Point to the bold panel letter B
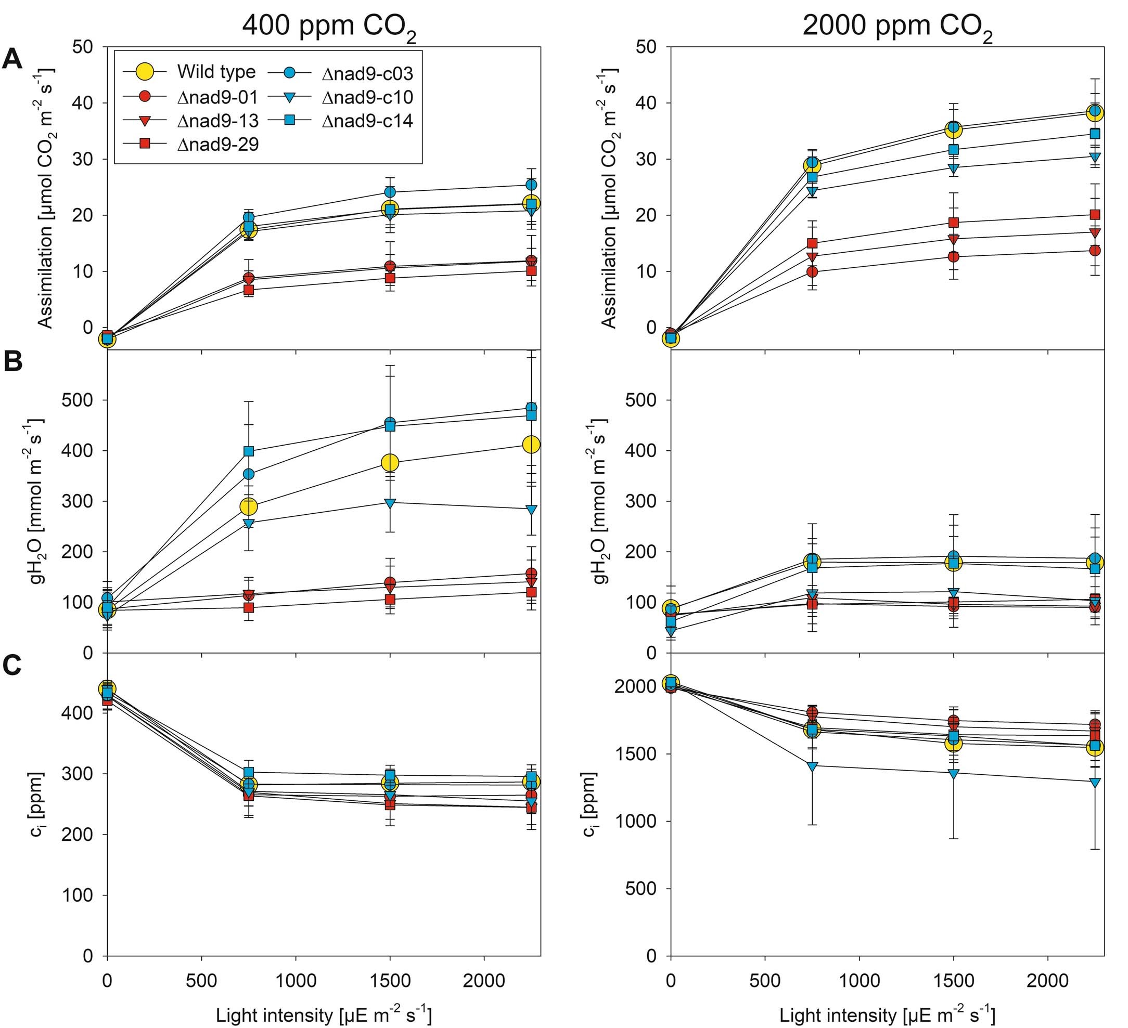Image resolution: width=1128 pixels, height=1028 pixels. pos(13,362)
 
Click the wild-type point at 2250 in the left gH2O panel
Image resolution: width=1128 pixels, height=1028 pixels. pos(531,444)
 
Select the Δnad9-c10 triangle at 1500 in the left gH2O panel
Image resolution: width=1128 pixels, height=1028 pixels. pos(391,502)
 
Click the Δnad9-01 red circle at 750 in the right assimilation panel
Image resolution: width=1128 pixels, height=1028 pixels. pos(812,272)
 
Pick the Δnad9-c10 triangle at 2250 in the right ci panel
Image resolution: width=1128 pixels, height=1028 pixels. pos(1095,782)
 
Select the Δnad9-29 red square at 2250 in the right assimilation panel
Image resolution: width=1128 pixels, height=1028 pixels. pos(1095,214)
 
